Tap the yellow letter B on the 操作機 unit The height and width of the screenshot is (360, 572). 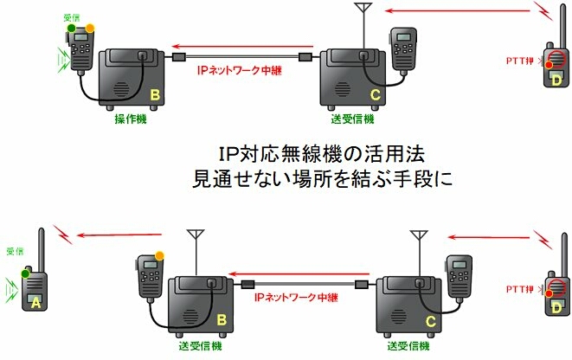pyautogui.click(x=155, y=93)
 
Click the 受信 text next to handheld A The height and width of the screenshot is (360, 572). pyautogui.click(x=15, y=252)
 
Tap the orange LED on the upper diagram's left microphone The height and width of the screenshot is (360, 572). pyautogui.click(x=90, y=30)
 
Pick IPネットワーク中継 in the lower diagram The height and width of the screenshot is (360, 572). pyautogui.click(x=298, y=296)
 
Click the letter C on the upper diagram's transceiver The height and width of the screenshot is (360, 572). pyautogui.click(x=374, y=94)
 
